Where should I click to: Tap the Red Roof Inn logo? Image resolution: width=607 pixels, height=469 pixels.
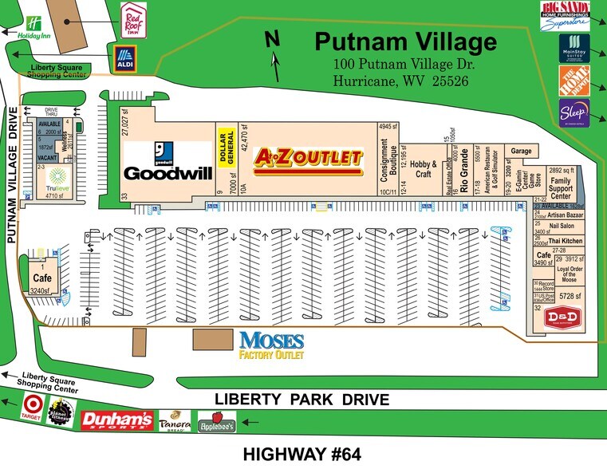click(133, 18)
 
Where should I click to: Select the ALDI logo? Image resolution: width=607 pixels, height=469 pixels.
click(124, 57)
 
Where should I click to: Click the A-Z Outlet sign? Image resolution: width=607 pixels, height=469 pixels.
click(308, 159)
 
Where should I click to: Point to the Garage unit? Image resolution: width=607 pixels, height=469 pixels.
click(521, 150)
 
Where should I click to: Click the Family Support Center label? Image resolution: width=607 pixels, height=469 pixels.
click(562, 187)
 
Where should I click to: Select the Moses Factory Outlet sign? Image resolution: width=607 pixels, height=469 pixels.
click(272, 344)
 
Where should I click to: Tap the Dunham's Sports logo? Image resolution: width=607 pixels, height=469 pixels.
click(117, 420)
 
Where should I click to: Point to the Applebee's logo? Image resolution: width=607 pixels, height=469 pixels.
click(216, 421)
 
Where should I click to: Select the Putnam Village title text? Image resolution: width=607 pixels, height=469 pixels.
click(405, 41)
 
